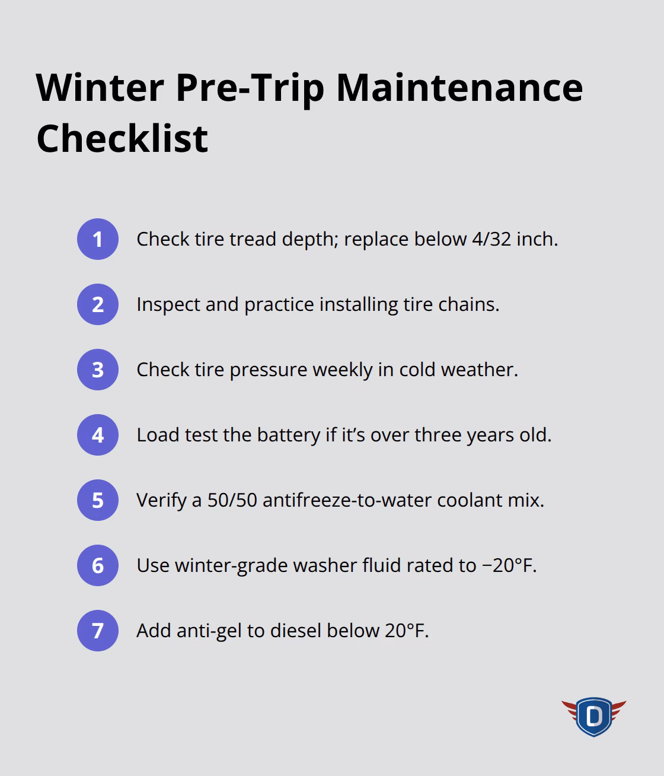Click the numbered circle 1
tap(98, 239)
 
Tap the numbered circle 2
tap(98, 304)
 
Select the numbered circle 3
tap(98, 370)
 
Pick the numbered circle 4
tap(98, 435)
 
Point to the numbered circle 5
tap(98, 500)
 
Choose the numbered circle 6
tap(98, 565)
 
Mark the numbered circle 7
tap(98, 631)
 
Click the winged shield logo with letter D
tap(593, 716)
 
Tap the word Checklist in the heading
tap(122, 139)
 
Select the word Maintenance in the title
tap(459, 87)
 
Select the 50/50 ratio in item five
tap(232, 500)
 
